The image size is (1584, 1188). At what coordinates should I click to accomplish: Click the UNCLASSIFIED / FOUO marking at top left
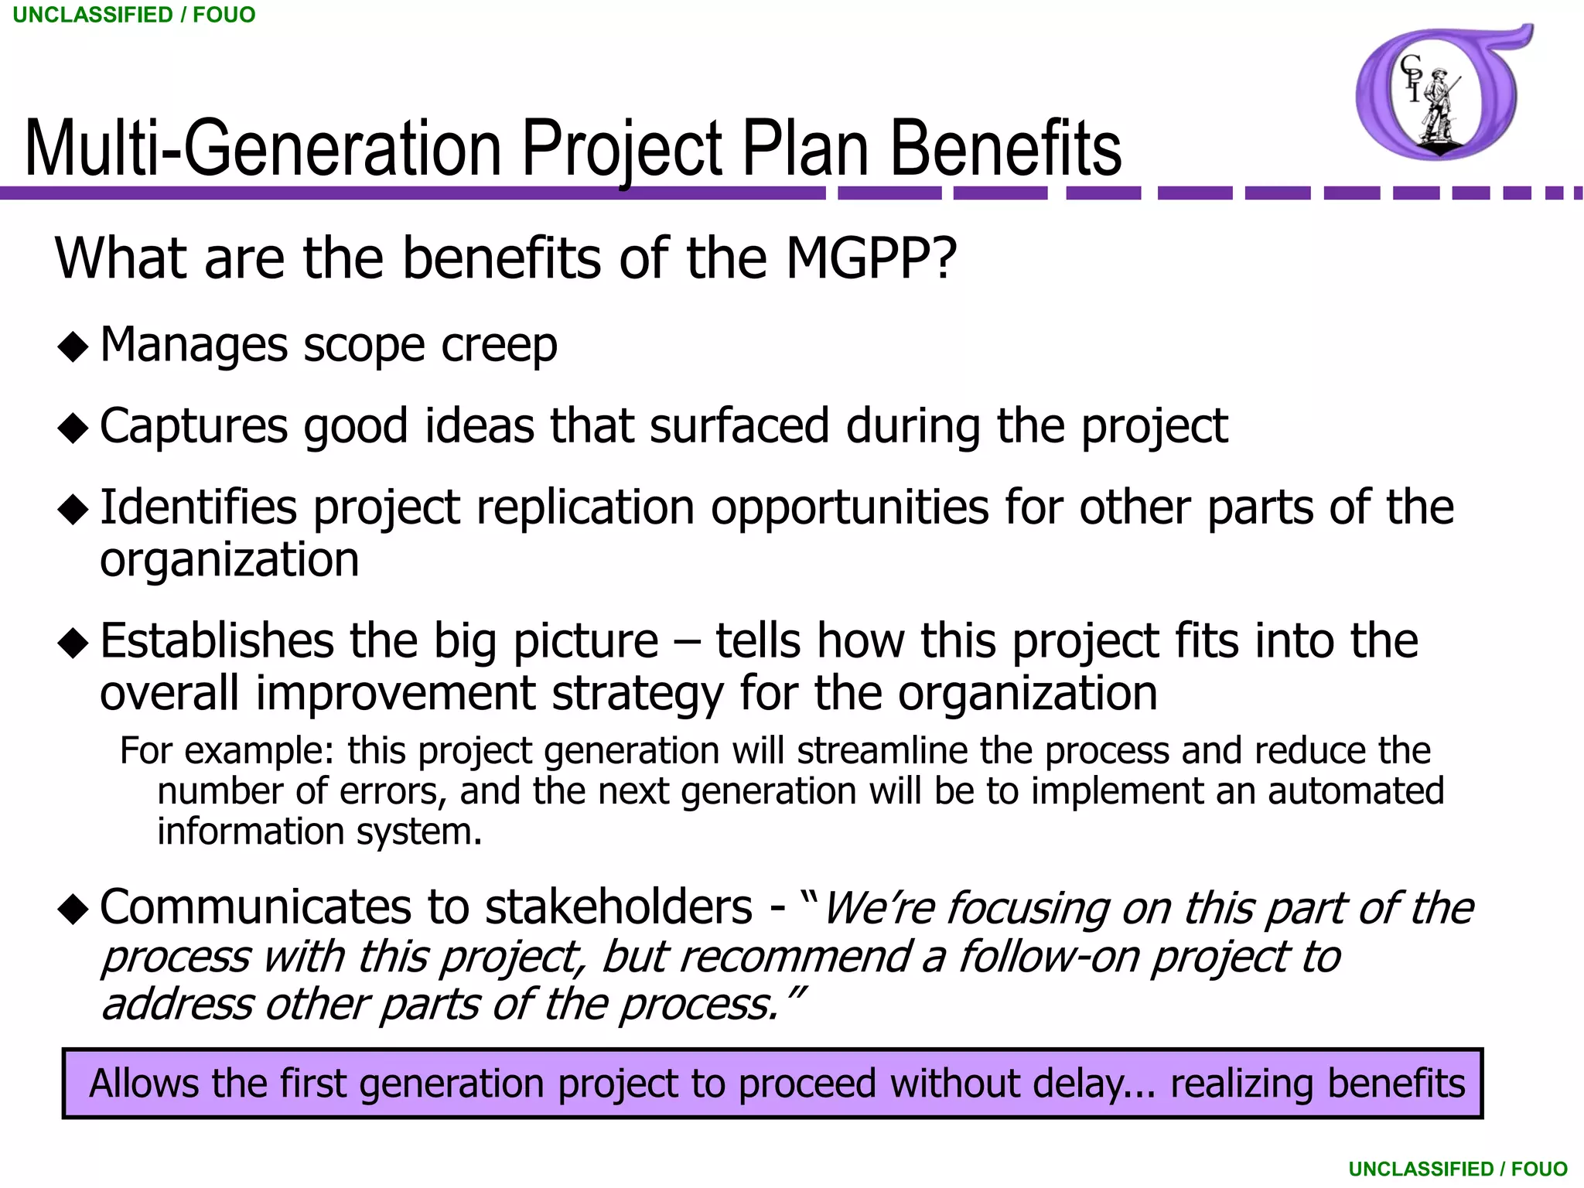click(134, 15)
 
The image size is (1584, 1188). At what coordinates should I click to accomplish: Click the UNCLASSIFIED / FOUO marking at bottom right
click(1457, 1169)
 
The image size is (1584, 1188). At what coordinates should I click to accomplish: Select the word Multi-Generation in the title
click(263, 148)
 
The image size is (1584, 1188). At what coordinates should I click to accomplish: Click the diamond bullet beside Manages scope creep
click(73, 346)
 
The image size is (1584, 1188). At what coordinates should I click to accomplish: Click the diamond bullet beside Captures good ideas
click(73, 428)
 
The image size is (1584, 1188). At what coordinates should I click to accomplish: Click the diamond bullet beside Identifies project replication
click(73, 510)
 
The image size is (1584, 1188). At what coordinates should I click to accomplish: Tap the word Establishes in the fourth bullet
click(216, 641)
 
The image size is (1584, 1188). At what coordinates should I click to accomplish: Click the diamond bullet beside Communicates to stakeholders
click(73, 910)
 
